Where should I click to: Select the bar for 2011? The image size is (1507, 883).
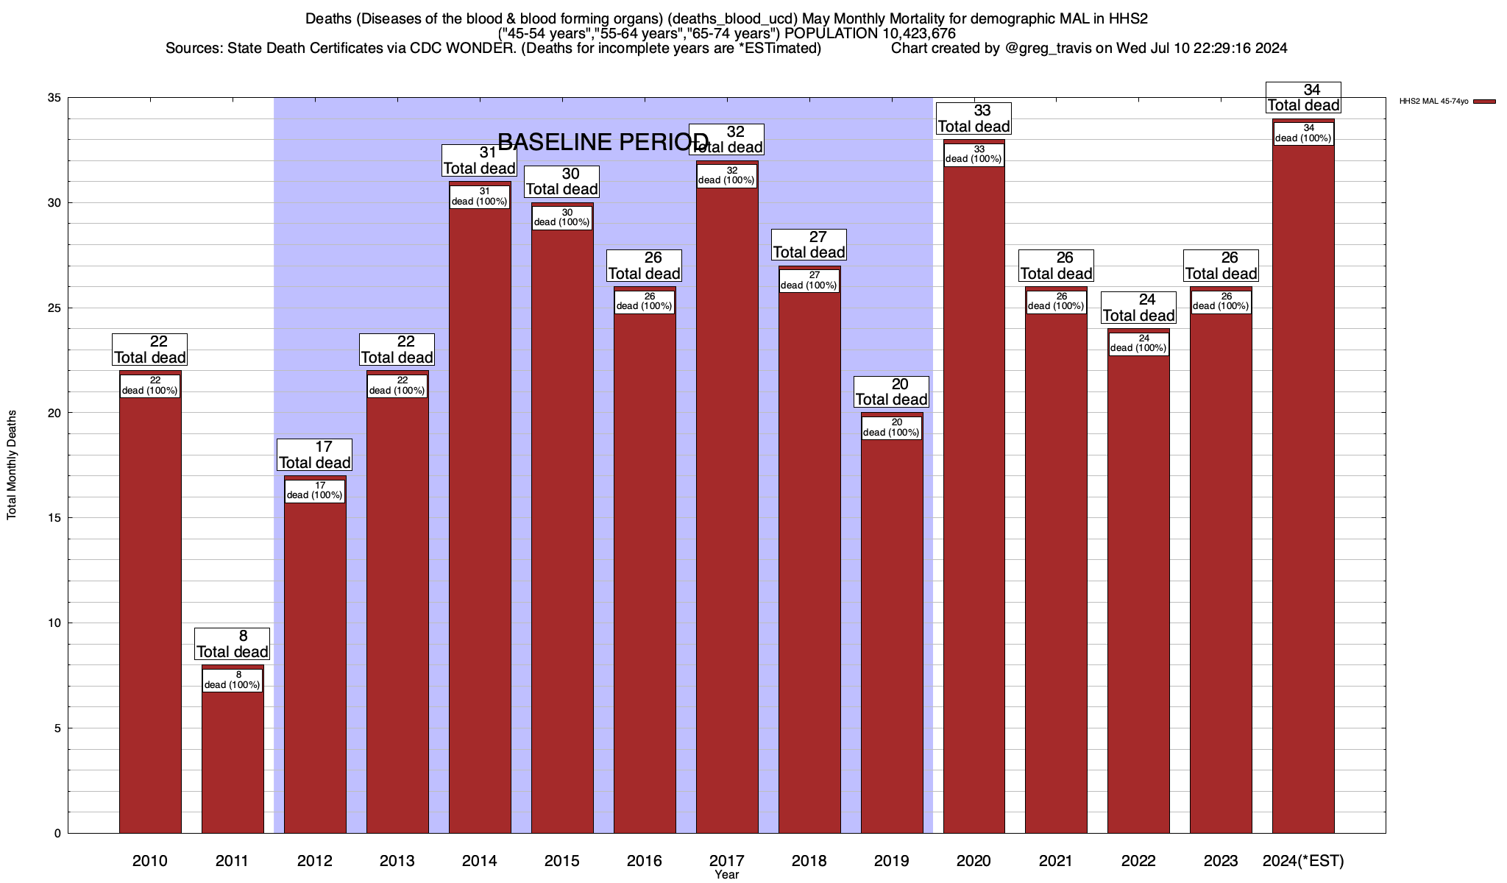click(x=233, y=758)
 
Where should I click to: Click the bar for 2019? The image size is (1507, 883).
click(x=892, y=633)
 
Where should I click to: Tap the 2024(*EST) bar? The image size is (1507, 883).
click(x=1303, y=486)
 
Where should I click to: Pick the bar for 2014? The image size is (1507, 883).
click(x=480, y=515)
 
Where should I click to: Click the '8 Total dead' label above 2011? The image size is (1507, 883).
click(x=233, y=644)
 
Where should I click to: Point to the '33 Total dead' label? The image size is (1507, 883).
click(x=974, y=118)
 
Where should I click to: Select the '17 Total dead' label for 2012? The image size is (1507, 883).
click(x=315, y=455)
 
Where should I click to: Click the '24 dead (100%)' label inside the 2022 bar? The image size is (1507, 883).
click(x=1138, y=344)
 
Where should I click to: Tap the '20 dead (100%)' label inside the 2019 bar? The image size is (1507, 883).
click(x=891, y=428)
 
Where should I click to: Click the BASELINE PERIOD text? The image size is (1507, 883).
click(x=603, y=142)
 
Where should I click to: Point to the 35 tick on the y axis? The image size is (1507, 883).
click(x=54, y=98)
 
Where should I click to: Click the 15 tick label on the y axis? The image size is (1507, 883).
click(x=54, y=518)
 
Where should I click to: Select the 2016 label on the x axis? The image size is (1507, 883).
click(x=644, y=861)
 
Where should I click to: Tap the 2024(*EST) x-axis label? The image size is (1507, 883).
click(x=1302, y=861)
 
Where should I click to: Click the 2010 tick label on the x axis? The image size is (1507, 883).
click(x=150, y=861)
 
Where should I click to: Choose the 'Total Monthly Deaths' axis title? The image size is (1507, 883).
click(x=12, y=465)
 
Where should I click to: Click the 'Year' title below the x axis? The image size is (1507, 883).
click(x=726, y=875)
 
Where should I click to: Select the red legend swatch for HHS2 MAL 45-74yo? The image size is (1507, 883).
click(x=1484, y=102)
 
